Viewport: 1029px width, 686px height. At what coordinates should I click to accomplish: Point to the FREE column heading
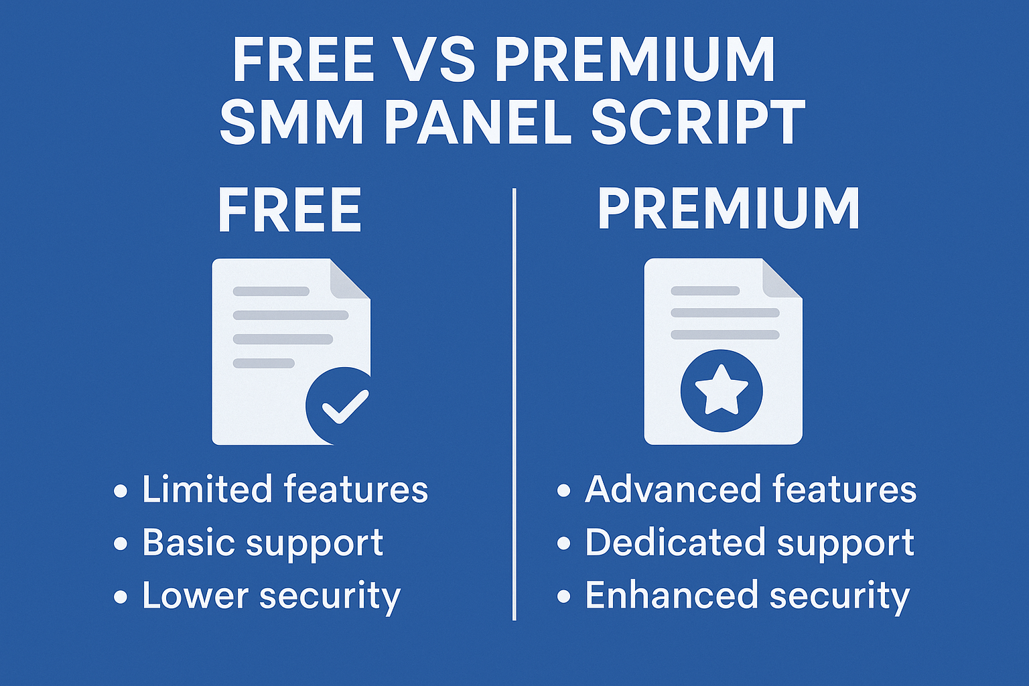[289, 211]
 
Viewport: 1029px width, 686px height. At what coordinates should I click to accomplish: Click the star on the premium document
[722, 390]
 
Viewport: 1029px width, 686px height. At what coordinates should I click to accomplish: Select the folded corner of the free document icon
[350, 279]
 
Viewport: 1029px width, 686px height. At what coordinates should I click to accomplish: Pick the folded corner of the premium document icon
[782, 279]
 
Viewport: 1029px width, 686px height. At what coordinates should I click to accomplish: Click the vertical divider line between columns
[514, 405]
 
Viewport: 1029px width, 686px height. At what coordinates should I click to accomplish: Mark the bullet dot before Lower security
[121, 597]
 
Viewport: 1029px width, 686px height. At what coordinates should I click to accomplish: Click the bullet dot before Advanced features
[563, 491]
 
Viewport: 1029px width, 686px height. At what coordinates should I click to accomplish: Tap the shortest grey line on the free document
[264, 364]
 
